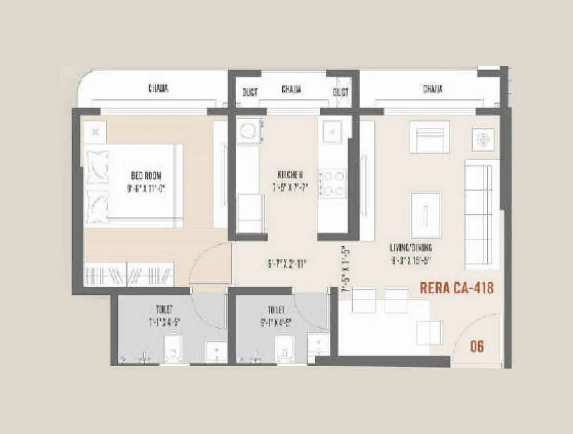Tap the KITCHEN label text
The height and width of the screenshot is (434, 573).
pyautogui.click(x=291, y=174)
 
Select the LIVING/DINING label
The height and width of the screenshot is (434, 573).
pyautogui.click(x=410, y=247)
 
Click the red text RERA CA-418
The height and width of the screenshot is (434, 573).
pyautogui.click(x=457, y=288)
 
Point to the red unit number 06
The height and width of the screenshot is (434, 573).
pyautogui.click(x=477, y=346)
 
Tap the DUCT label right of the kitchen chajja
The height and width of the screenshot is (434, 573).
pyautogui.click(x=340, y=91)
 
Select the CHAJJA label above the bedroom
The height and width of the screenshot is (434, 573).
pyautogui.click(x=158, y=88)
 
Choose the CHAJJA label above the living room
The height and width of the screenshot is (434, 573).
pyautogui.click(x=432, y=89)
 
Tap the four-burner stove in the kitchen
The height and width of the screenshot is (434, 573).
pyautogui.click(x=332, y=184)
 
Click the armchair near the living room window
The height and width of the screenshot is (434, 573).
pyautogui.click(x=429, y=137)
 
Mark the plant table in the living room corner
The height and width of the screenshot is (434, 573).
pyautogui.click(x=483, y=139)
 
